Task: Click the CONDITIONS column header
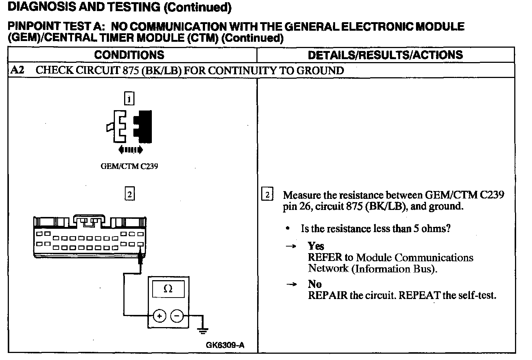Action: tap(129, 55)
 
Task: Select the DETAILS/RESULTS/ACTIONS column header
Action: tap(385, 55)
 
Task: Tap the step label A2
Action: tap(17, 70)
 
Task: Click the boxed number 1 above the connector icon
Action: tap(129, 99)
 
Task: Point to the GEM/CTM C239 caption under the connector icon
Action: tap(129, 166)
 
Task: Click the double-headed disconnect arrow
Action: tap(130, 150)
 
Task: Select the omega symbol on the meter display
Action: tap(168, 289)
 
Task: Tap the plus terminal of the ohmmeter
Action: tap(159, 316)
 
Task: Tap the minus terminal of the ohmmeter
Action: tap(177, 316)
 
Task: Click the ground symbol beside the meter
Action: tap(202, 330)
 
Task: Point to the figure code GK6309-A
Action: tap(225, 346)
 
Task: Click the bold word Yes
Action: tap(316, 246)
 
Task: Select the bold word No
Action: tap(315, 284)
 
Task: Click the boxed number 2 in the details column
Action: tap(267, 194)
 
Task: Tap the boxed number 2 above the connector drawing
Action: tap(129, 194)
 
